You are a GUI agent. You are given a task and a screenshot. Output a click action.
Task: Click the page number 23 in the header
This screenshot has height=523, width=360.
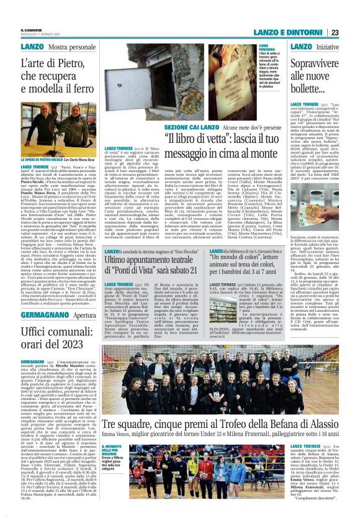click(x=351, y=32)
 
